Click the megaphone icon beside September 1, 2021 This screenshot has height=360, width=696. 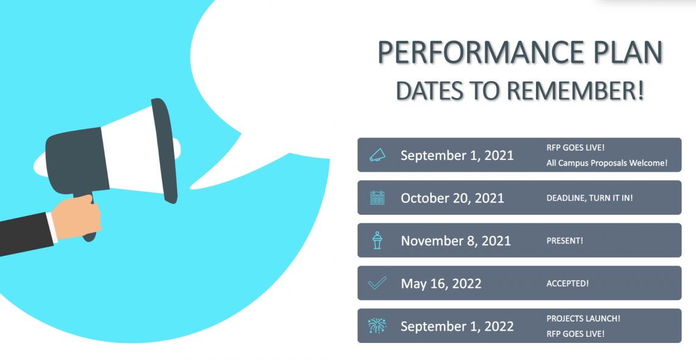click(x=377, y=155)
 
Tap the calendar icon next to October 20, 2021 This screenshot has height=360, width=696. click(x=377, y=198)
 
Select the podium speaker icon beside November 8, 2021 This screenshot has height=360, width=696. click(x=377, y=240)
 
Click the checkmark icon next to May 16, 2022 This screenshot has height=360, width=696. click(x=377, y=283)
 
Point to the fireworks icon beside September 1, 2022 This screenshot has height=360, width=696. click(x=377, y=326)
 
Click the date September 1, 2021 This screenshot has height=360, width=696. click(x=457, y=156)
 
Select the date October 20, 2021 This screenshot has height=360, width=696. click(x=452, y=198)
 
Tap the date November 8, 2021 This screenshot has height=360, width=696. click(x=455, y=241)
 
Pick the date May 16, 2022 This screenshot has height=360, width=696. click(x=441, y=284)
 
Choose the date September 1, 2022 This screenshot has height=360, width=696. click(x=457, y=326)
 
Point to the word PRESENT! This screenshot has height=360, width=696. click(x=565, y=241)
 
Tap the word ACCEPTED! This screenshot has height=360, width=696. click(x=567, y=284)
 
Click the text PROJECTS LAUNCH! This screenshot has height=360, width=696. click(x=583, y=319)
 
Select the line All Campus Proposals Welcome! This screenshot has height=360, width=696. click(x=607, y=164)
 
